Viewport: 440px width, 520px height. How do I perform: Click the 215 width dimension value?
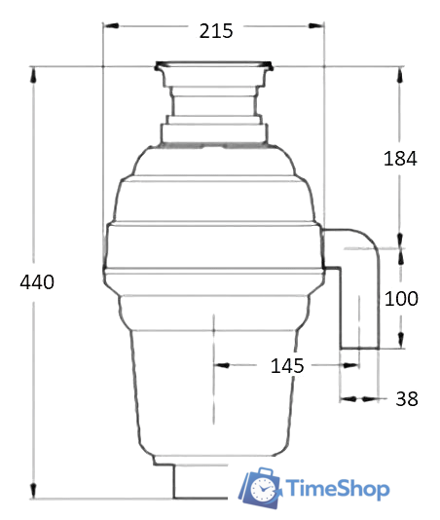[215, 30]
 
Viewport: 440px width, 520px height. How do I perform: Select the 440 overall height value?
[36, 282]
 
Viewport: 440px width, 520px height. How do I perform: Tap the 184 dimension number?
[399, 159]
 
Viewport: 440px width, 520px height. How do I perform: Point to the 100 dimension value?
[400, 298]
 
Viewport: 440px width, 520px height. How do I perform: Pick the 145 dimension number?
[287, 366]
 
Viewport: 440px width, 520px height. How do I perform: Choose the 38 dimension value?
[407, 398]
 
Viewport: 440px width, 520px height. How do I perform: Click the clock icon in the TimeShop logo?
[260, 487]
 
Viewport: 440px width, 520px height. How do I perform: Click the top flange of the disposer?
[213, 68]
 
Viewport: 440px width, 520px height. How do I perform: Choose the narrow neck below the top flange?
[213, 101]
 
